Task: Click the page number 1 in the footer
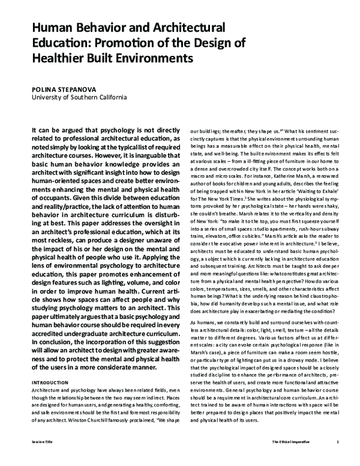(x=338, y=457)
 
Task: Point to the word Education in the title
(x=57, y=44)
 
